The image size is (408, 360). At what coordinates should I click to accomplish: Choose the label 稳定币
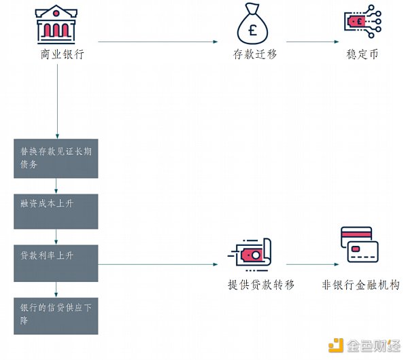(361, 54)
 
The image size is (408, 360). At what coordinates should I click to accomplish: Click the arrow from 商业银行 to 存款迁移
(157, 42)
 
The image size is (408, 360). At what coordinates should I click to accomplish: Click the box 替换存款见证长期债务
(56, 158)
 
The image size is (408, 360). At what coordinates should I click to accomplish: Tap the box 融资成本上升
(56, 211)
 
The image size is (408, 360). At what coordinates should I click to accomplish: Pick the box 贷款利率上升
(56, 264)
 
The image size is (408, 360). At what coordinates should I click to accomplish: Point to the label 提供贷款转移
(261, 285)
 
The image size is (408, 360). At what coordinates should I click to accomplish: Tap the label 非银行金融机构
(360, 285)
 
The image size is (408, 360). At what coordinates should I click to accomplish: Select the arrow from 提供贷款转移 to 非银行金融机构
(311, 264)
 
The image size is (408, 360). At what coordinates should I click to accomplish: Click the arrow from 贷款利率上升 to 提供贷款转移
(163, 264)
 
